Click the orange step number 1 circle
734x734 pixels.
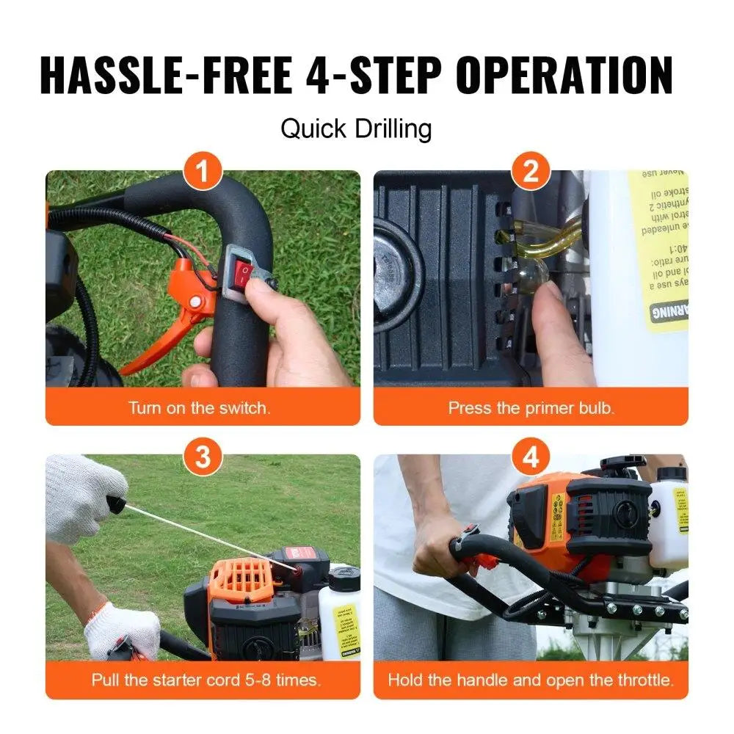point(203,175)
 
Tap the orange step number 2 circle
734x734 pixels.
point(531,175)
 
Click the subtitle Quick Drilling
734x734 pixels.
point(356,129)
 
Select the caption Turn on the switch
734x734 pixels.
point(200,408)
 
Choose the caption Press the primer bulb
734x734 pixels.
point(531,408)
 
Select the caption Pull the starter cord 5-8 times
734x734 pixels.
point(206,680)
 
